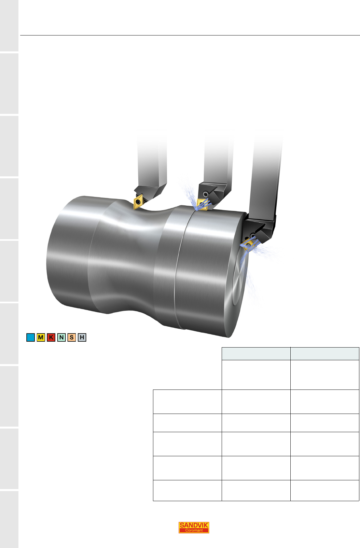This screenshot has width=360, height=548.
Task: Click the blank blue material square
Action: pyautogui.click(x=30, y=337)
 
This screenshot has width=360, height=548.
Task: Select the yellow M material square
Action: pyautogui.click(x=41, y=337)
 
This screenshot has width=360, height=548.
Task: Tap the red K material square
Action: pyautogui.click(x=51, y=337)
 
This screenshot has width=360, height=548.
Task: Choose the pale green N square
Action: pyautogui.click(x=61, y=337)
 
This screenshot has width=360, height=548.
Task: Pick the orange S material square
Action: pyautogui.click(x=72, y=337)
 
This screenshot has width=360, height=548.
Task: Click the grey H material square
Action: pyautogui.click(x=82, y=337)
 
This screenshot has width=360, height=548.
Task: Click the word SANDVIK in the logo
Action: pyautogui.click(x=194, y=525)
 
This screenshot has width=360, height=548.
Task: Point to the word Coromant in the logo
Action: pyautogui.click(x=194, y=530)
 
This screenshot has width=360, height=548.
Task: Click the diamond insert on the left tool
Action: pyautogui.click(x=138, y=202)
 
